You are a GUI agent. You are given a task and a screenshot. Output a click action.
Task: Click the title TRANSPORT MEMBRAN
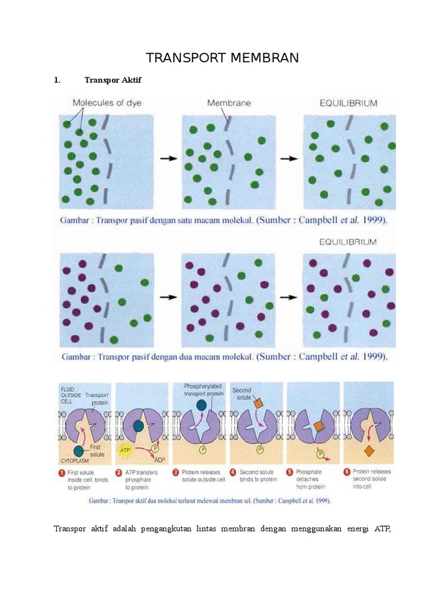click(x=222, y=58)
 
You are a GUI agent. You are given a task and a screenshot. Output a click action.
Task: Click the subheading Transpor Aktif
click(x=112, y=80)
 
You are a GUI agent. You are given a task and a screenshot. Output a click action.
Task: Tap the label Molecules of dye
click(x=107, y=104)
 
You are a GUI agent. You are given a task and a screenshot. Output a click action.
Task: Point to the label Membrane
click(x=229, y=104)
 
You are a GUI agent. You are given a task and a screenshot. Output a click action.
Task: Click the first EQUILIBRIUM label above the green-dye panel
click(x=349, y=104)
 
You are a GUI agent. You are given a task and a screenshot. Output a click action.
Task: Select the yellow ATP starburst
click(x=125, y=449)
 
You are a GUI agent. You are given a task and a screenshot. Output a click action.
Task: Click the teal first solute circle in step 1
click(x=79, y=451)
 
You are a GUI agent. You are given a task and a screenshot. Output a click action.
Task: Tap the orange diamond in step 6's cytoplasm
click(x=369, y=451)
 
